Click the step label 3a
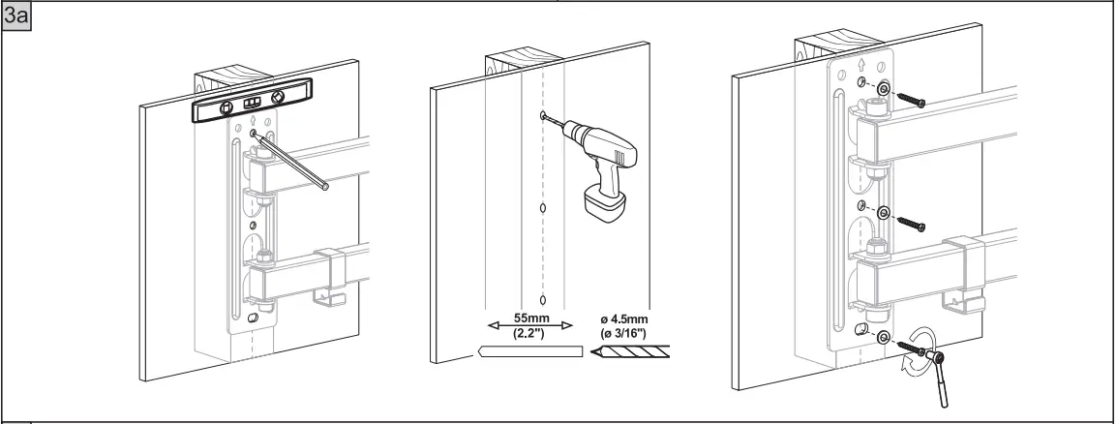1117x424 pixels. (x=15, y=16)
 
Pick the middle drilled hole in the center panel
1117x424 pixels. (x=543, y=208)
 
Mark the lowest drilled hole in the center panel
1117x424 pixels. (x=543, y=298)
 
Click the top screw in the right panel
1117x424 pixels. (x=911, y=99)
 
